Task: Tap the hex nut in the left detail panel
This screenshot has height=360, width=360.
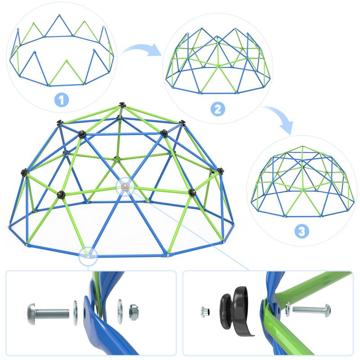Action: pyautogui.click(x=133, y=311)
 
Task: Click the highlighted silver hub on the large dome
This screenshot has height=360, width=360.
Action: pyautogui.click(x=126, y=186)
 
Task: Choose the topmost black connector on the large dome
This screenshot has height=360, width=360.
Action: pyautogui.click(x=121, y=105)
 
